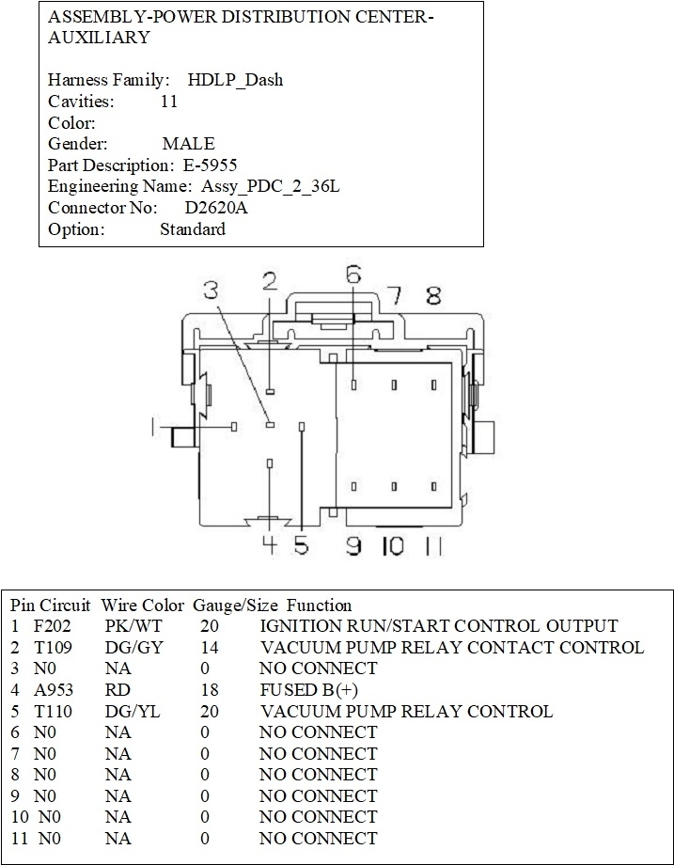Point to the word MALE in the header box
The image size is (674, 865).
click(x=188, y=144)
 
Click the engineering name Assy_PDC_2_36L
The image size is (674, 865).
click(x=271, y=186)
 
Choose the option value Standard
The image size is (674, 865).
click(x=192, y=229)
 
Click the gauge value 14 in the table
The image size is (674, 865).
click(x=210, y=648)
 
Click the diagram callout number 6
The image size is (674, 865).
click(x=353, y=275)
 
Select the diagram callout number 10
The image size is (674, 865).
click(x=392, y=545)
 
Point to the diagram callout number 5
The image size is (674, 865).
click(x=301, y=545)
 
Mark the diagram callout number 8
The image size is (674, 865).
click(x=433, y=296)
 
